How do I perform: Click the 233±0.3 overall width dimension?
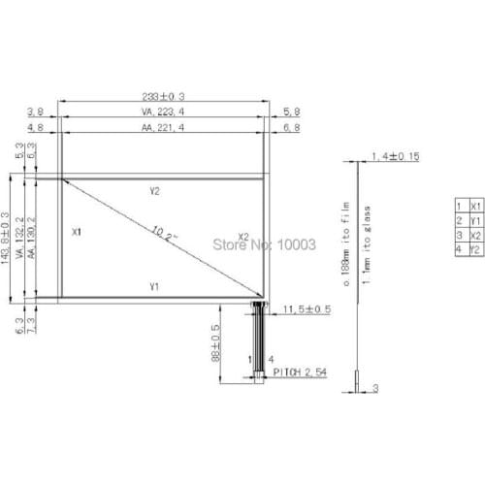click(x=163, y=96)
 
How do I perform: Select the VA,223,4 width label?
click(x=163, y=112)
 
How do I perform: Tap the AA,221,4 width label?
click(x=163, y=127)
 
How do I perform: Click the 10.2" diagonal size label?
click(x=164, y=234)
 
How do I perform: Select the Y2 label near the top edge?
click(x=155, y=191)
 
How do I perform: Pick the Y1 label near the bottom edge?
click(x=155, y=286)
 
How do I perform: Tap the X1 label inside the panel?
click(x=79, y=233)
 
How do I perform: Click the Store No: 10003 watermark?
click(x=264, y=244)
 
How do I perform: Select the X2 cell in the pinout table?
click(x=474, y=236)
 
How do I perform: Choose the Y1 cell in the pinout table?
click(x=474, y=221)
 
